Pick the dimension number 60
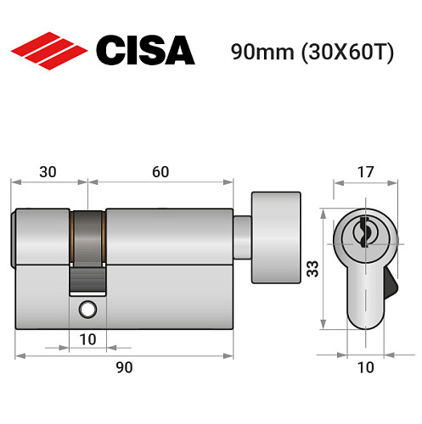(160, 172)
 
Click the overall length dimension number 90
(124, 367)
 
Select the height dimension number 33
(312, 270)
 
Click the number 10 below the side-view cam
(87, 339)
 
